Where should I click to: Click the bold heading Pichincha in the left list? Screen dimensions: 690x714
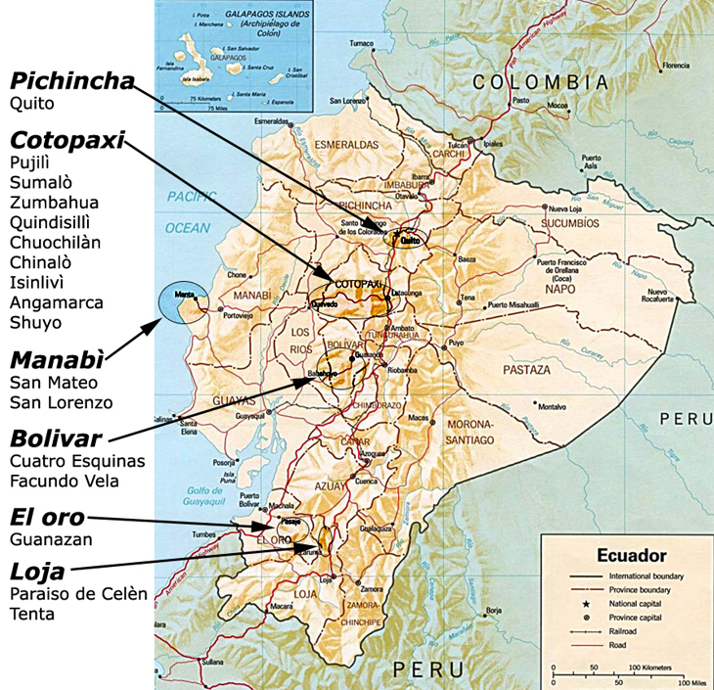[x=71, y=80]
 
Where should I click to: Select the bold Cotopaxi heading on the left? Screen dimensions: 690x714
[x=67, y=140]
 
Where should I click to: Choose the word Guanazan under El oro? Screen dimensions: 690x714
[x=51, y=538]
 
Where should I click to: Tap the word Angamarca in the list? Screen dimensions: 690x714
[x=57, y=302]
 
